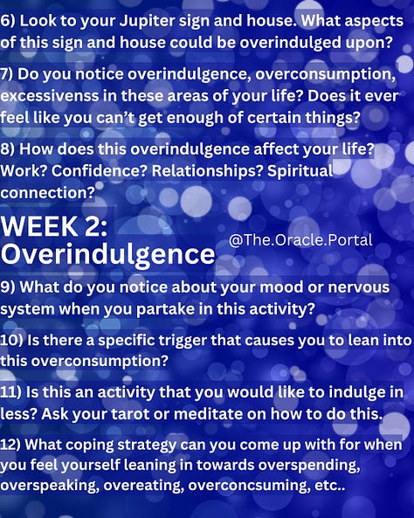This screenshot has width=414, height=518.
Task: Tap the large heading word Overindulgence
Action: tap(107, 254)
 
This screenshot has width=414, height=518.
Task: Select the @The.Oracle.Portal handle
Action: tap(300, 239)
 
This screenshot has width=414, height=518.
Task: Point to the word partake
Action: tap(197, 308)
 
